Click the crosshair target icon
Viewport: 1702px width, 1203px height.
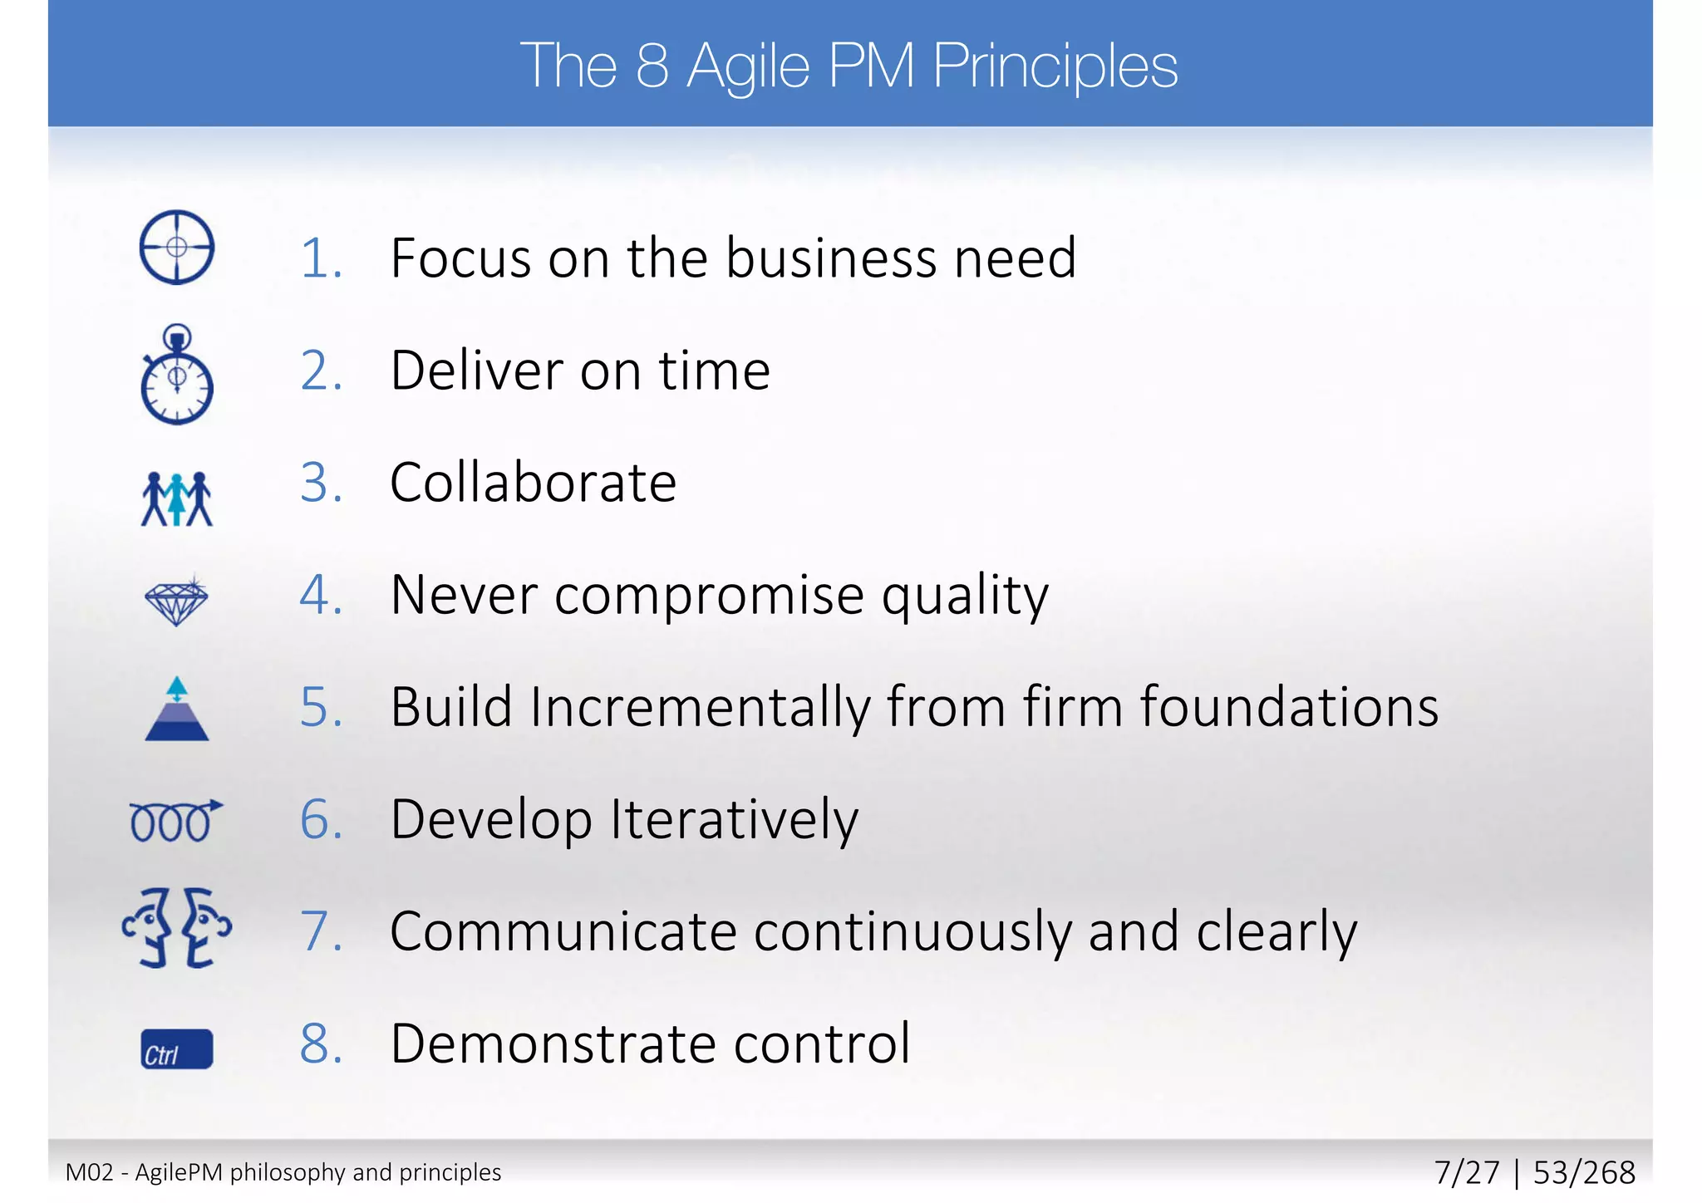tap(176, 247)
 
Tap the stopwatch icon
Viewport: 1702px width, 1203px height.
tap(176, 376)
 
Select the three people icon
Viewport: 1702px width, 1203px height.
tap(176, 498)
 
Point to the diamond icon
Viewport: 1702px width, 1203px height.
tap(176, 601)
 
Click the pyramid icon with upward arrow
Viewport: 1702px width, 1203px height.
tap(176, 710)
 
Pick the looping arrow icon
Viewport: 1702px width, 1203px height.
tap(175, 821)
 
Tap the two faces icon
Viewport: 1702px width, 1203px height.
tap(176, 928)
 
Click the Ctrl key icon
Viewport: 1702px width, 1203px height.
tap(176, 1049)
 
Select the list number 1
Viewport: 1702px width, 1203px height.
tap(320, 258)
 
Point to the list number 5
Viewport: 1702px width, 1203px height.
tap(320, 708)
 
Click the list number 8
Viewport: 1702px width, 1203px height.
tap(320, 1044)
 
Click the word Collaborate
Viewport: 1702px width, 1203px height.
tap(533, 483)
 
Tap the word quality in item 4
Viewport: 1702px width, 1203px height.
tap(965, 597)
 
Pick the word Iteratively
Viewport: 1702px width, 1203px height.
tap(735, 821)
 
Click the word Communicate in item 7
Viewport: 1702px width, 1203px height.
tap(563, 932)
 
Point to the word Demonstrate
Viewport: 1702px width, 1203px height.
tap(553, 1044)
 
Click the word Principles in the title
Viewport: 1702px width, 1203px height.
tap(1055, 66)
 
